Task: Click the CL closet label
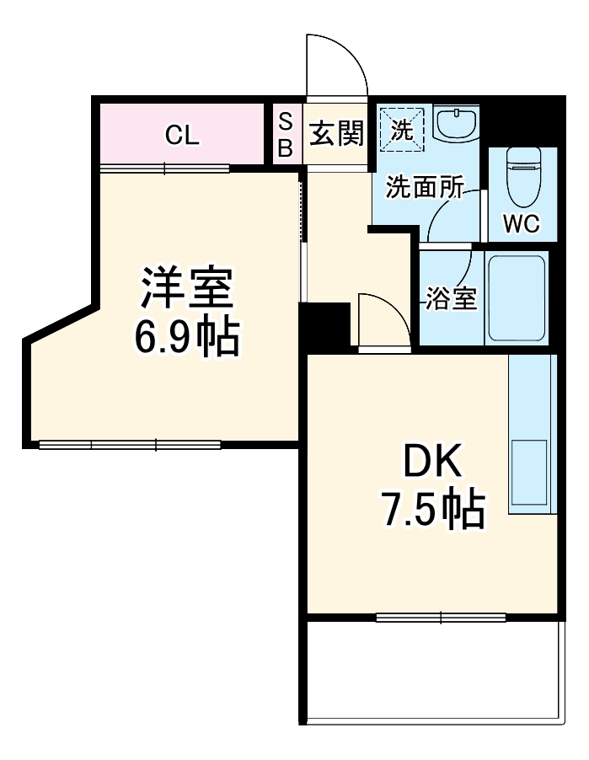click(x=182, y=135)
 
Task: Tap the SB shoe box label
click(x=285, y=134)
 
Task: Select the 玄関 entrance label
click(x=335, y=133)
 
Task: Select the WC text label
click(x=522, y=224)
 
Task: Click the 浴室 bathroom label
click(x=451, y=299)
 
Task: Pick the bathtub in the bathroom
click(x=516, y=297)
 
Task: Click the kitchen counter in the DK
click(x=533, y=434)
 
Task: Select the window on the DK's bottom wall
click(x=440, y=618)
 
